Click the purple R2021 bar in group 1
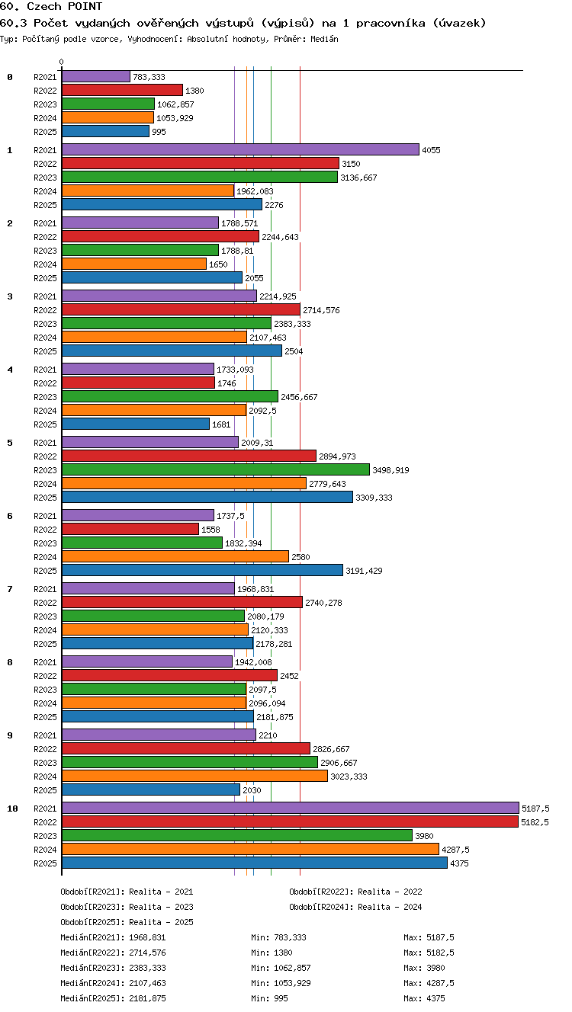tap(240, 149)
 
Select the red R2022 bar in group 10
tap(291, 821)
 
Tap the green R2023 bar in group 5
tap(216, 470)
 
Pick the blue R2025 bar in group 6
tap(203, 570)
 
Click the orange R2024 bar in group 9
tap(195, 777)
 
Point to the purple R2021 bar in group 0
tap(96, 77)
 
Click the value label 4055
tap(431, 150)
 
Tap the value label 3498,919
tap(390, 470)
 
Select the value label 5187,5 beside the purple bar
tap(535, 809)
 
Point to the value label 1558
tap(210, 530)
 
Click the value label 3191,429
tap(364, 571)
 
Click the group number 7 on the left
tap(10, 589)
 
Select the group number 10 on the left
tap(12, 809)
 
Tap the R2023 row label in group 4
tap(45, 397)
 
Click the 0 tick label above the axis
tap(62, 62)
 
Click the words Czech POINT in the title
tap(65, 6)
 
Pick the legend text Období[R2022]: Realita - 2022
tap(355, 892)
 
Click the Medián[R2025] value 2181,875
tap(147, 998)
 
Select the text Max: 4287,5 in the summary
tap(429, 983)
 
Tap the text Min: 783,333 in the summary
tap(278, 937)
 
